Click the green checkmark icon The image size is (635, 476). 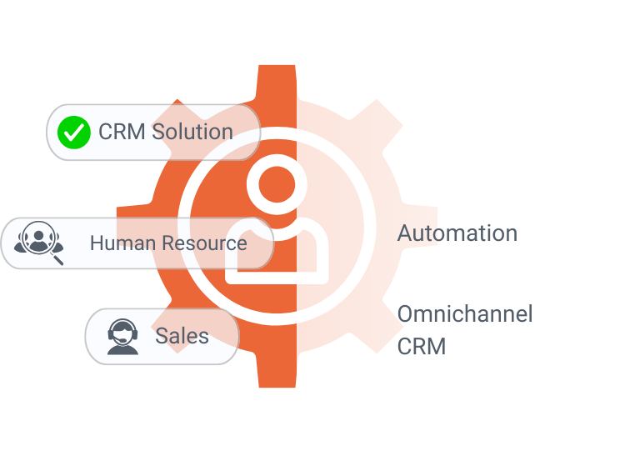(74, 132)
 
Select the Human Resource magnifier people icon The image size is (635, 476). (38, 243)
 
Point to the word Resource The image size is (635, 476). (205, 243)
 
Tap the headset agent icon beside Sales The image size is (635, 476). (122, 337)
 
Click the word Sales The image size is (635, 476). (182, 336)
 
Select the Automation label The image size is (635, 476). (457, 233)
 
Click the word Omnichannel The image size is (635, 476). (464, 314)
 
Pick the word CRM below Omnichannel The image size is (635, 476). (421, 346)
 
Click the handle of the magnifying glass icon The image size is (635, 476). (57, 258)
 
